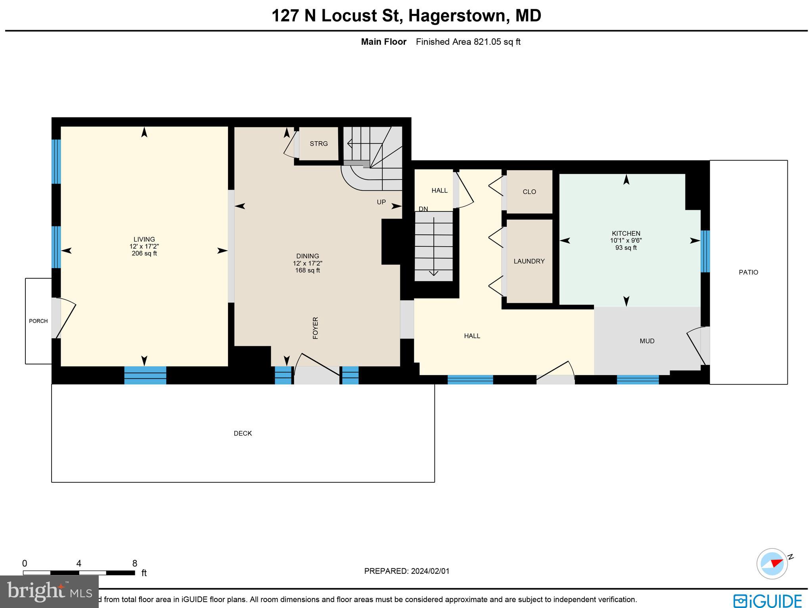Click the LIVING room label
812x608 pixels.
pos(144,239)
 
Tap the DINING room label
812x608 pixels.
pos(308,256)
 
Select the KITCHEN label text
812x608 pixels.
pos(626,234)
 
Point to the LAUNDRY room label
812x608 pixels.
pos(529,261)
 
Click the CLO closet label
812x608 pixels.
pos(529,192)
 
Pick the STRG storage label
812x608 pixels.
pos(319,144)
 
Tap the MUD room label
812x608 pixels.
pos(647,341)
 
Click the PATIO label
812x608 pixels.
pos(749,272)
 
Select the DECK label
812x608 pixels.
pos(243,433)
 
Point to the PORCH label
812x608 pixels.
pos(38,321)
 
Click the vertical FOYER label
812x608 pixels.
pos(316,328)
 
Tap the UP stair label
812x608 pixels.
pos(381,202)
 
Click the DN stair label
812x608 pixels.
pos(423,209)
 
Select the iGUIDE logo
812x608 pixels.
pos(768,601)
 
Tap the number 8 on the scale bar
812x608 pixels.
pos(135,564)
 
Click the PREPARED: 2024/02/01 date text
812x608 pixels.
pos(407,571)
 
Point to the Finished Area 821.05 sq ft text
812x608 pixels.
pos(468,42)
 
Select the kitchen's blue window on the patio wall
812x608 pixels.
pos(705,251)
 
